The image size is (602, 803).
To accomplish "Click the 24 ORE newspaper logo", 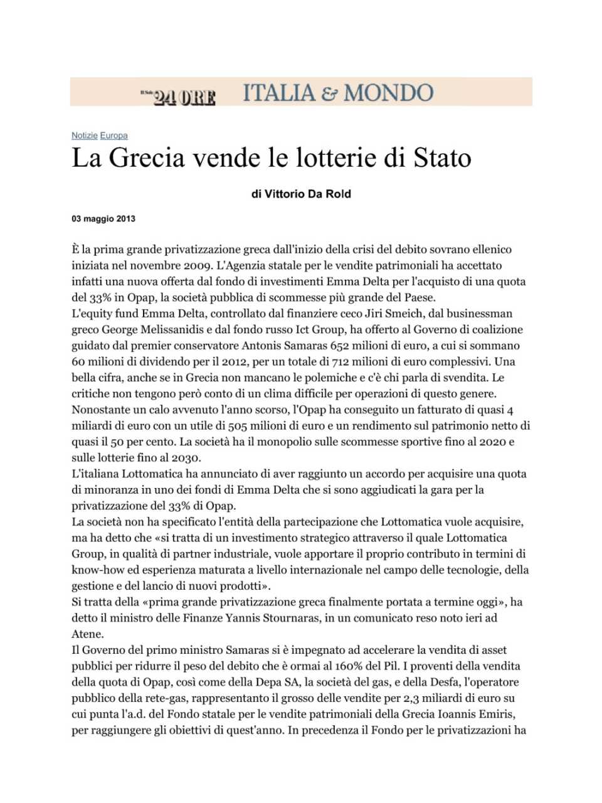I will [x=179, y=97].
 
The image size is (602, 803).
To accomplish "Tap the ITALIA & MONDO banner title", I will [x=338, y=93].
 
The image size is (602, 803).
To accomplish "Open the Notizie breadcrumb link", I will [x=85, y=136].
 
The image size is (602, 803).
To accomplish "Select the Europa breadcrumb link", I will [x=114, y=136].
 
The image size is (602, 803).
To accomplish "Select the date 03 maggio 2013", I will [x=103, y=219].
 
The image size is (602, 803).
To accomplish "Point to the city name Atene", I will [x=86, y=634].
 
